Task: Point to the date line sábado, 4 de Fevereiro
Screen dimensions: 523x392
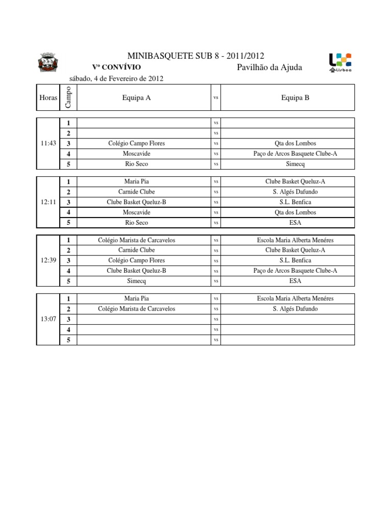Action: (x=116, y=79)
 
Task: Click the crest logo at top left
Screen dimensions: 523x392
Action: (x=49, y=63)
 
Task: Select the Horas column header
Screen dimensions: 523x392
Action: (x=48, y=98)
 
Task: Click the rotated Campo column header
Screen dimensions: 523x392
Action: (x=68, y=97)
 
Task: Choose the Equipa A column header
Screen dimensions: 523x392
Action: (x=137, y=98)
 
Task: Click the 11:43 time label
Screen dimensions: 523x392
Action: (x=48, y=144)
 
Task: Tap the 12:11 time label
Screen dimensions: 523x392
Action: (x=48, y=202)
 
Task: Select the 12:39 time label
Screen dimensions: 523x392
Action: (x=48, y=260)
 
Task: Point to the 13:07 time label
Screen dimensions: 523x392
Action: (x=48, y=319)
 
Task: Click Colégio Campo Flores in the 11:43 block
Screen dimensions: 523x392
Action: (x=137, y=144)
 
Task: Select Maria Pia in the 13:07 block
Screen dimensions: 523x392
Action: (x=137, y=298)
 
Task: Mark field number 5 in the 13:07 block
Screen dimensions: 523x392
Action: (x=68, y=340)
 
